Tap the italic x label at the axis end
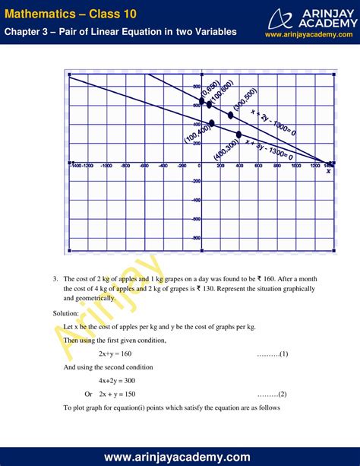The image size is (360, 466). pyautogui.click(x=328, y=171)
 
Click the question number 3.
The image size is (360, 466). pyautogui.click(x=55, y=279)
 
